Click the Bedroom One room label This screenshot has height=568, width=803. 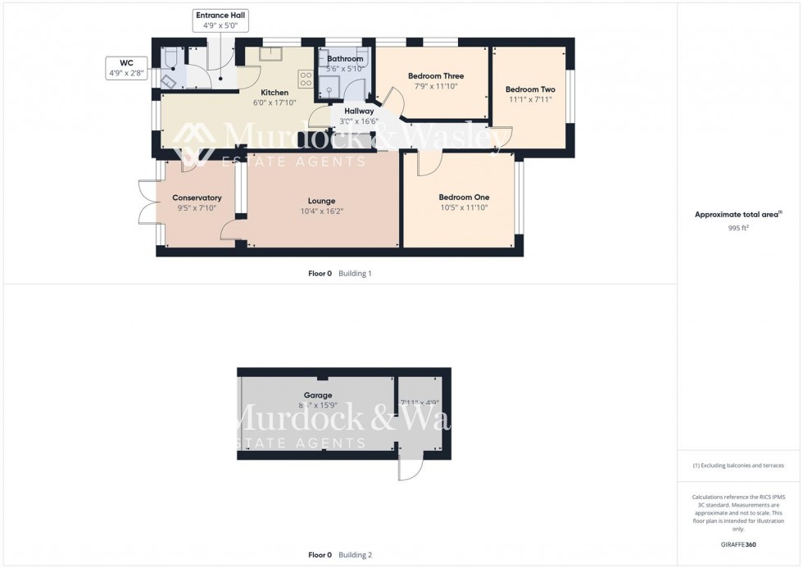[x=464, y=198]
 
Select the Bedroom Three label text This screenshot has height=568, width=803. [x=436, y=76]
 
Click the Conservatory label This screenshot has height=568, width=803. [x=197, y=198]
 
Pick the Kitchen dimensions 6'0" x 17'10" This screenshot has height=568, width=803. [x=274, y=103]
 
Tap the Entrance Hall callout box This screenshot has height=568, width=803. [x=220, y=20]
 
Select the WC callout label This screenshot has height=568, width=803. [x=125, y=67]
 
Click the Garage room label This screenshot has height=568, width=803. [x=318, y=395]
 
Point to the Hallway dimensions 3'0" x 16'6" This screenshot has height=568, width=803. [x=358, y=121]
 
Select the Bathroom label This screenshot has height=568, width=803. [x=345, y=59]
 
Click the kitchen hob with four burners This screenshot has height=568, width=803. [x=306, y=80]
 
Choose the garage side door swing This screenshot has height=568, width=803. [x=408, y=466]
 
